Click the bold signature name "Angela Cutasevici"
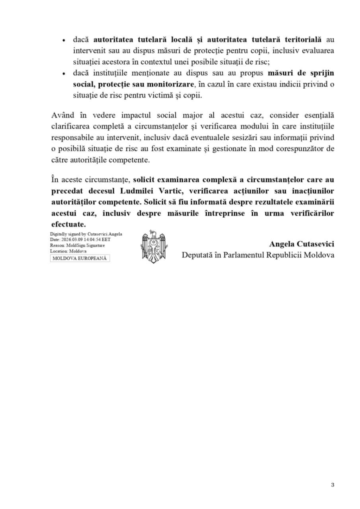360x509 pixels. coord(301,244)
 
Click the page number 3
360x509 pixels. coord(333,485)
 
